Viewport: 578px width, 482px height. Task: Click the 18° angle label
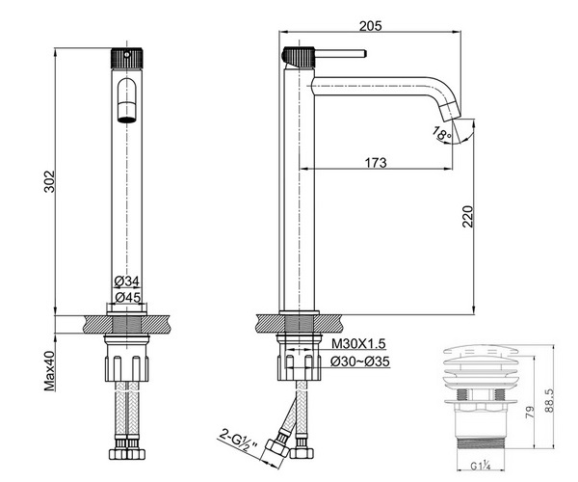tap(442, 136)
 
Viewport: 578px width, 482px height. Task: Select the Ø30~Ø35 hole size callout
tap(359, 361)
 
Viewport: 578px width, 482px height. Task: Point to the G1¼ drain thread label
tap(479, 469)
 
